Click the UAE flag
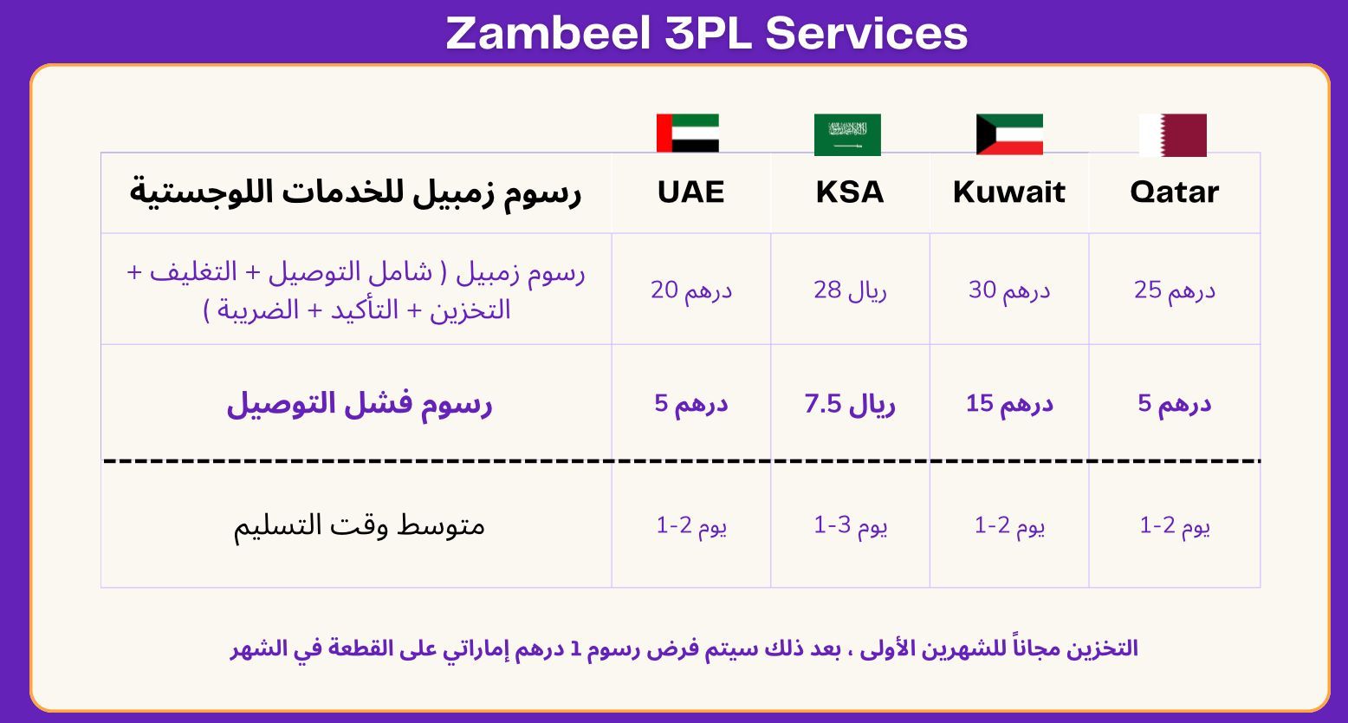coord(687,133)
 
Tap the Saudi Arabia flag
coord(847,134)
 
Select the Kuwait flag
coord(1009,134)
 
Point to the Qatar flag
coord(1173,135)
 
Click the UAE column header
coord(690,192)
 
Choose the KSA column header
coord(850,192)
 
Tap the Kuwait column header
coord(1009,192)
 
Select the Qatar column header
coord(1175,192)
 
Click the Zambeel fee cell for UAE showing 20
coord(690,290)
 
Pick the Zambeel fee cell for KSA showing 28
coord(850,290)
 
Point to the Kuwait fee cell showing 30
coord(1009,290)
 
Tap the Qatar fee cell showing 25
coord(1175,290)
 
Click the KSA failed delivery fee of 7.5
coord(850,404)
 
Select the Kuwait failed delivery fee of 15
coord(1009,404)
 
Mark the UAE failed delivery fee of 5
coord(690,404)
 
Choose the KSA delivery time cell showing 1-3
coord(850,525)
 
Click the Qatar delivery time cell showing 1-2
coord(1175,525)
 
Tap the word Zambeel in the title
coord(548,33)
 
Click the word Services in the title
coord(866,33)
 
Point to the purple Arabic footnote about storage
coord(684,648)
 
